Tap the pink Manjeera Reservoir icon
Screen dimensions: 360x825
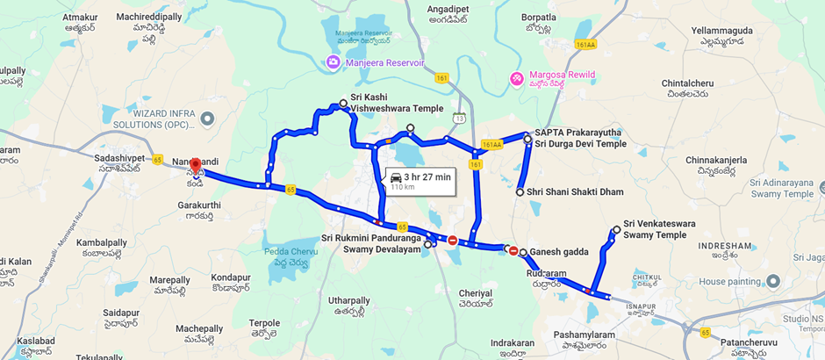[334, 63]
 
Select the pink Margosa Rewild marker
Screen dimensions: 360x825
[517, 79]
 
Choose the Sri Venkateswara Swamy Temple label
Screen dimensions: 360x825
[659, 229]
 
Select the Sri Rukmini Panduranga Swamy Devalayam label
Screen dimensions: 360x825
[371, 244]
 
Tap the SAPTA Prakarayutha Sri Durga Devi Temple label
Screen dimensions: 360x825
[580, 138]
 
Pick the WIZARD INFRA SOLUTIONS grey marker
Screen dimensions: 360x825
[207, 118]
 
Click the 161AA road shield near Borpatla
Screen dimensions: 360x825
[585, 44]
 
